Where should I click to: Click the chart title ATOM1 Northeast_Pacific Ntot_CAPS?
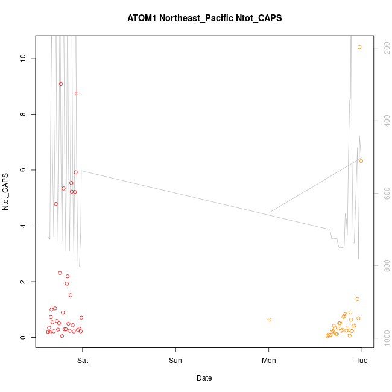tap(204, 18)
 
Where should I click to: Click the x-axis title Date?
tap(204, 378)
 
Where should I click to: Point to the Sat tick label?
tap(83, 361)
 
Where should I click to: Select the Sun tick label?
tap(175, 361)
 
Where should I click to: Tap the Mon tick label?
tap(268, 361)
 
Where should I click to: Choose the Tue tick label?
tap(362, 361)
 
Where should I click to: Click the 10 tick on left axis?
tap(24, 58)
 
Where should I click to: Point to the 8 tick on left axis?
tap(24, 114)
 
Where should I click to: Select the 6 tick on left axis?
tap(24, 170)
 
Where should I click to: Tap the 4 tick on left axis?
tap(24, 226)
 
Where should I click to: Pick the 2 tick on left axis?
tap(24, 282)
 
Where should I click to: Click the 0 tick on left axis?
tap(24, 338)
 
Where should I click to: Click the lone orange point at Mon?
tap(270, 320)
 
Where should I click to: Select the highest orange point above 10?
tap(359, 47)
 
